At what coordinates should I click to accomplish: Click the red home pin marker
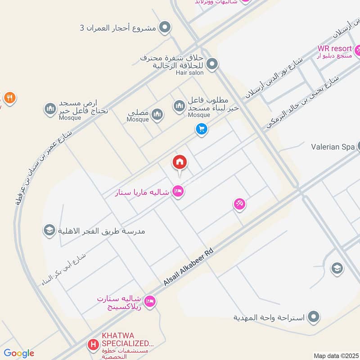(180, 162)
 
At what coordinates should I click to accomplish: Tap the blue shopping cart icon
(201, 130)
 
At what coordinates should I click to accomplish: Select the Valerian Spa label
(333, 147)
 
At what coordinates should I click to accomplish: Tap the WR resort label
(334, 48)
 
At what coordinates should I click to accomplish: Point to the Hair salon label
(187, 72)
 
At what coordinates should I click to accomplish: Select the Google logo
(18, 353)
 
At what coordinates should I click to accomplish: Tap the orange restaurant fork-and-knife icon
(10, 97)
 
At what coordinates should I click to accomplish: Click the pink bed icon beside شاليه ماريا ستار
(178, 192)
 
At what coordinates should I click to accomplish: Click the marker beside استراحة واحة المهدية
(314, 317)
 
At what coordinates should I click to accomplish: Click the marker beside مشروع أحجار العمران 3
(165, 27)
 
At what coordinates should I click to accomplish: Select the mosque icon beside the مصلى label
(157, 115)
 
